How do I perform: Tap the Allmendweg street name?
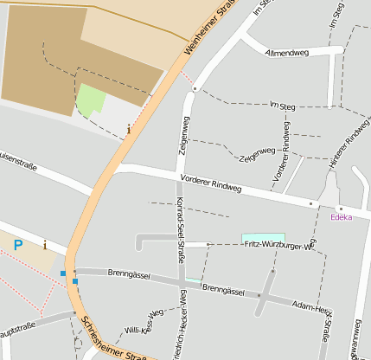pos(288,53)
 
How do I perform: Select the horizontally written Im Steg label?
pos(283,106)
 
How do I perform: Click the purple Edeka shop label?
pos(342,217)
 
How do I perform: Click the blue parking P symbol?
pos(17,246)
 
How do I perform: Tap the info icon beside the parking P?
pos(45,245)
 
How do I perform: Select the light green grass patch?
pos(91,100)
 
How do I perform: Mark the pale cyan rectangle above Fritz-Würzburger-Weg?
pos(263,237)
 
